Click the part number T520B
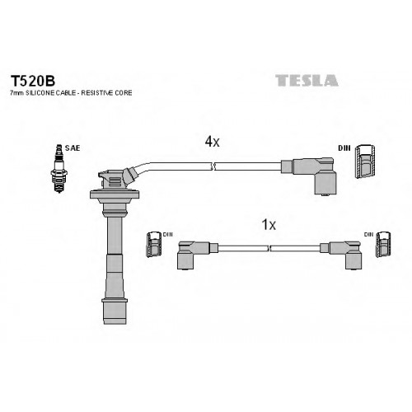click(33, 81)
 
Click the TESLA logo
click(307, 81)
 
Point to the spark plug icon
click(59, 168)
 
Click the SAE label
click(73, 148)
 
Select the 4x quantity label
click(213, 142)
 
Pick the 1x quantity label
click(269, 225)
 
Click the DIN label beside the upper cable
click(344, 148)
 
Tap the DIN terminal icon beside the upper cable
click(365, 162)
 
